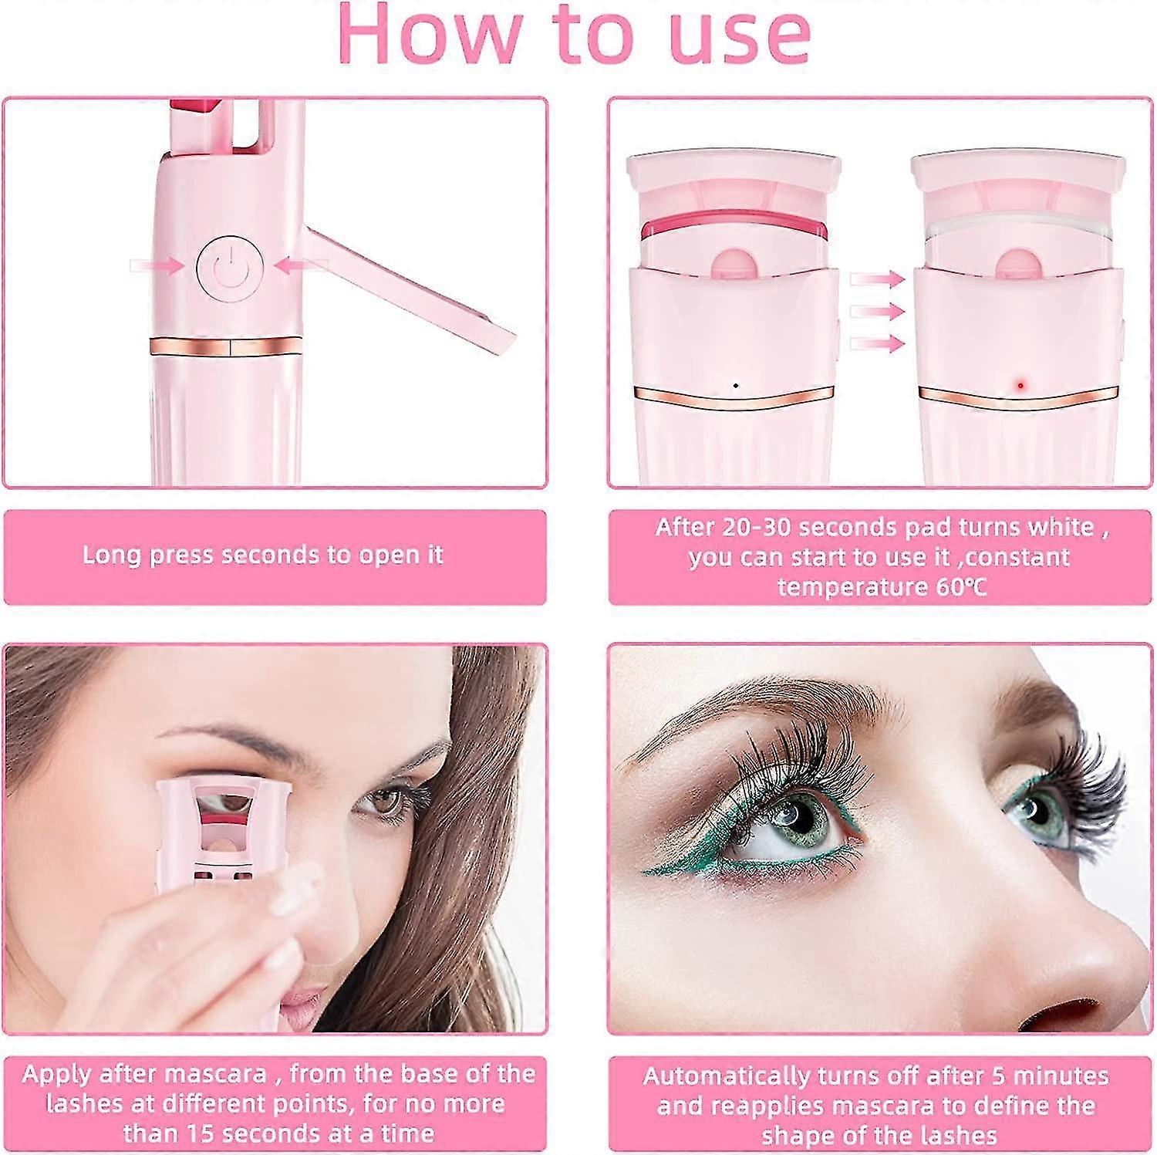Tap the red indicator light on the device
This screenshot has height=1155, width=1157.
point(1020,384)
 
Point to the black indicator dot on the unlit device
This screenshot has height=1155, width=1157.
point(735,385)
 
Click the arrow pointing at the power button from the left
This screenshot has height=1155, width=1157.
point(157,266)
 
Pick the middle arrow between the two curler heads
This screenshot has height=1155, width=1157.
point(876,311)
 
